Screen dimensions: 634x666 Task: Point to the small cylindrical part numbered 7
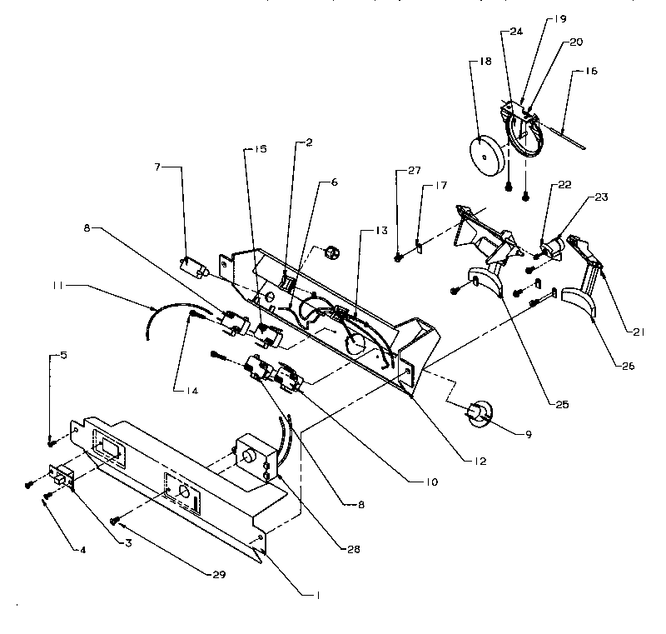pos(194,267)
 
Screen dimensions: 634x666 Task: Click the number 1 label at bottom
pos(317,596)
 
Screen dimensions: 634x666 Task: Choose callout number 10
pos(434,482)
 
